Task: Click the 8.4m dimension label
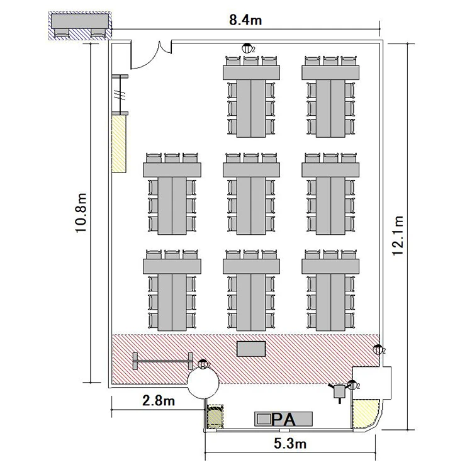(245, 20)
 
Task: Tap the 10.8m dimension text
(81, 213)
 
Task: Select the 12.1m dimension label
(398, 235)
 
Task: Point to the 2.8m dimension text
(159, 401)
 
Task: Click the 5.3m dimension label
(290, 444)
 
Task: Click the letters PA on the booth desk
(283, 419)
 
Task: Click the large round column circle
(203, 383)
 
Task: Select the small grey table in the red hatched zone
(251, 349)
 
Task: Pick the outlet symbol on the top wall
(247, 48)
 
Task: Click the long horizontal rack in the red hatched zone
(163, 361)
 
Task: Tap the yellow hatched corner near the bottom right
(365, 413)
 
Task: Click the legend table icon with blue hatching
(80, 26)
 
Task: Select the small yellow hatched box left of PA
(215, 417)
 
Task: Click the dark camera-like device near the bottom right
(340, 391)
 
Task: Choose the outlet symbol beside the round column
(203, 364)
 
